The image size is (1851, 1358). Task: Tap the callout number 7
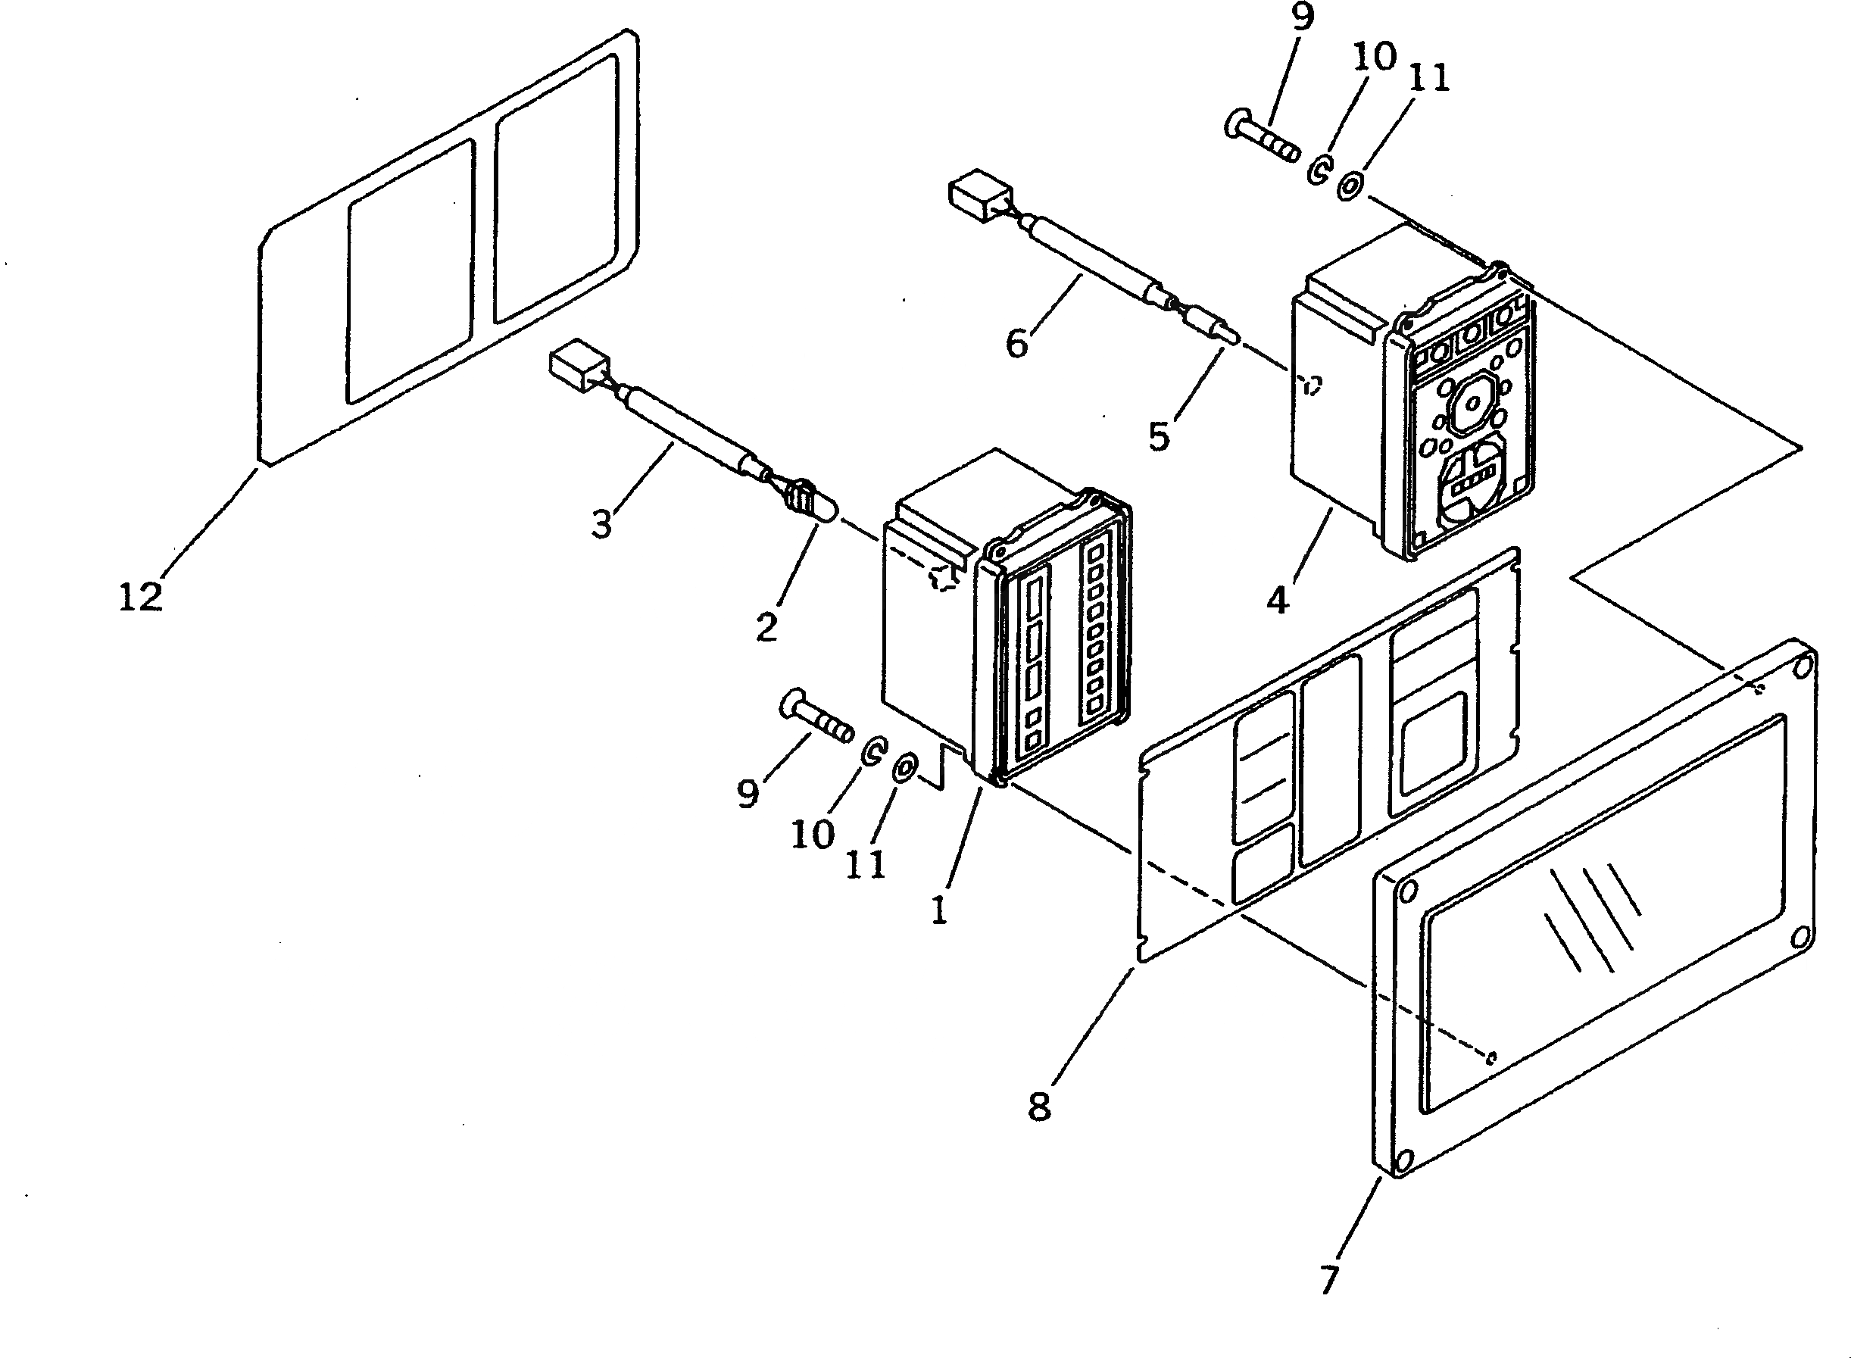pos(1329,1278)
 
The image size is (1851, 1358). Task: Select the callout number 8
pos(1039,1107)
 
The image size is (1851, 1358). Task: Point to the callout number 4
pos(1277,600)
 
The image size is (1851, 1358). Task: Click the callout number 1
pos(938,910)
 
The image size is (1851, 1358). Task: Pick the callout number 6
pos(1016,343)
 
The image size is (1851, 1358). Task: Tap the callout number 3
pos(601,523)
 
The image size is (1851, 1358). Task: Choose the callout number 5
pos(1159,435)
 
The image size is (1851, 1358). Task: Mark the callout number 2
pos(766,628)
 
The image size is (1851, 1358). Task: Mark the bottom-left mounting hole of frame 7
pos(1404,1160)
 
